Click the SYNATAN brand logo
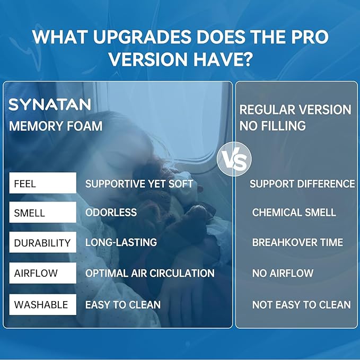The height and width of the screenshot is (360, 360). [50, 104]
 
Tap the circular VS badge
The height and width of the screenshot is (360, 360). [234, 159]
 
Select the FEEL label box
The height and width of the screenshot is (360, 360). [43, 183]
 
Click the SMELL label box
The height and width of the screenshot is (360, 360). [43, 212]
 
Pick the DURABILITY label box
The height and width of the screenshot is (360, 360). [43, 242]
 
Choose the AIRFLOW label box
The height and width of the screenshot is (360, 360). [43, 273]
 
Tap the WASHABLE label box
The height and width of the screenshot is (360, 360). [43, 304]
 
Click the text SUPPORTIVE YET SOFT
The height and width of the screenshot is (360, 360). [139, 183]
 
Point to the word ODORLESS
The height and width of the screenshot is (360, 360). [111, 213]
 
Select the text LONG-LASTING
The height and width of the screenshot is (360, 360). [121, 242]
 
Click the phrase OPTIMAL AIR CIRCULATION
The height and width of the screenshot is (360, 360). [150, 273]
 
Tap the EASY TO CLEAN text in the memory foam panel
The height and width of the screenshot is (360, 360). [123, 305]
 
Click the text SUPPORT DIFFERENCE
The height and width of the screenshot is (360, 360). [302, 184]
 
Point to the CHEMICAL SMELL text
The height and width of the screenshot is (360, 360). [294, 213]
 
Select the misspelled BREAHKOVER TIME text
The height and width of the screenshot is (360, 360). [298, 242]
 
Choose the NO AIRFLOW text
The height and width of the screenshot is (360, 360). [283, 273]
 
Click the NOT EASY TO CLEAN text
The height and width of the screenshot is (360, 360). [302, 305]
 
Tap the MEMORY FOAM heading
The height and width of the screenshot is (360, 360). [56, 126]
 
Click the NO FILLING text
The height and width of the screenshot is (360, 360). [273, 126]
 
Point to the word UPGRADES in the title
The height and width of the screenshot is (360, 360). [142, 37]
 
